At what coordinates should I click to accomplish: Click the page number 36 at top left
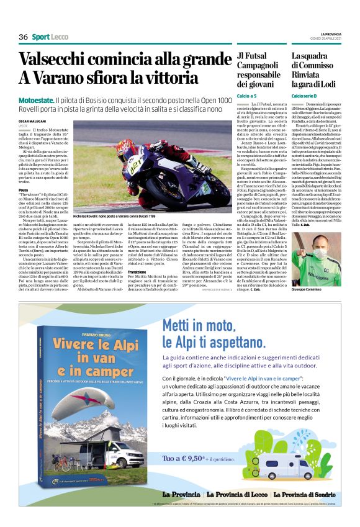[24, 37]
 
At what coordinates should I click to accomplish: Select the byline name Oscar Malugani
[32, 121]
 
